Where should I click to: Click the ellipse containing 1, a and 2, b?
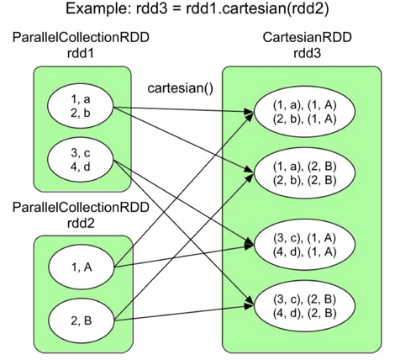click(81, 107)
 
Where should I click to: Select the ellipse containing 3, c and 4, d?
click(81, 161)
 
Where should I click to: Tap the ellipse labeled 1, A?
click(82, 267)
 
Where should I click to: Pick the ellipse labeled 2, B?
click(82, 320)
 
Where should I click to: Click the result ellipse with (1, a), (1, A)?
click(304, 112)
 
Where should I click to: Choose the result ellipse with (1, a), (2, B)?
click(304, 173)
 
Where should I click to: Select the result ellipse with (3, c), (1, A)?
click(304, 245)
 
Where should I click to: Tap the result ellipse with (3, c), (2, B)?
click(304, 306)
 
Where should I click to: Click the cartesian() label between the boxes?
click(181, 88)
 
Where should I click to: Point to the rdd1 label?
click(80, 53)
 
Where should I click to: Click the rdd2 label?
click(81, 224)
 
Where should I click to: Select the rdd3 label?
click(307, 53)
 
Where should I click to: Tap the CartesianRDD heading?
click(307, 37)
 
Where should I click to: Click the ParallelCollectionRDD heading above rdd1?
click(81, 37)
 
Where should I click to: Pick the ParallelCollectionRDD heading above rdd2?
click(81, 208)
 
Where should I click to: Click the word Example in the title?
click(97, 9)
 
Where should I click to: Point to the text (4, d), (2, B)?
click(304, 313)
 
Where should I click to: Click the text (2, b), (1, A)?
click(304, 119)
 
